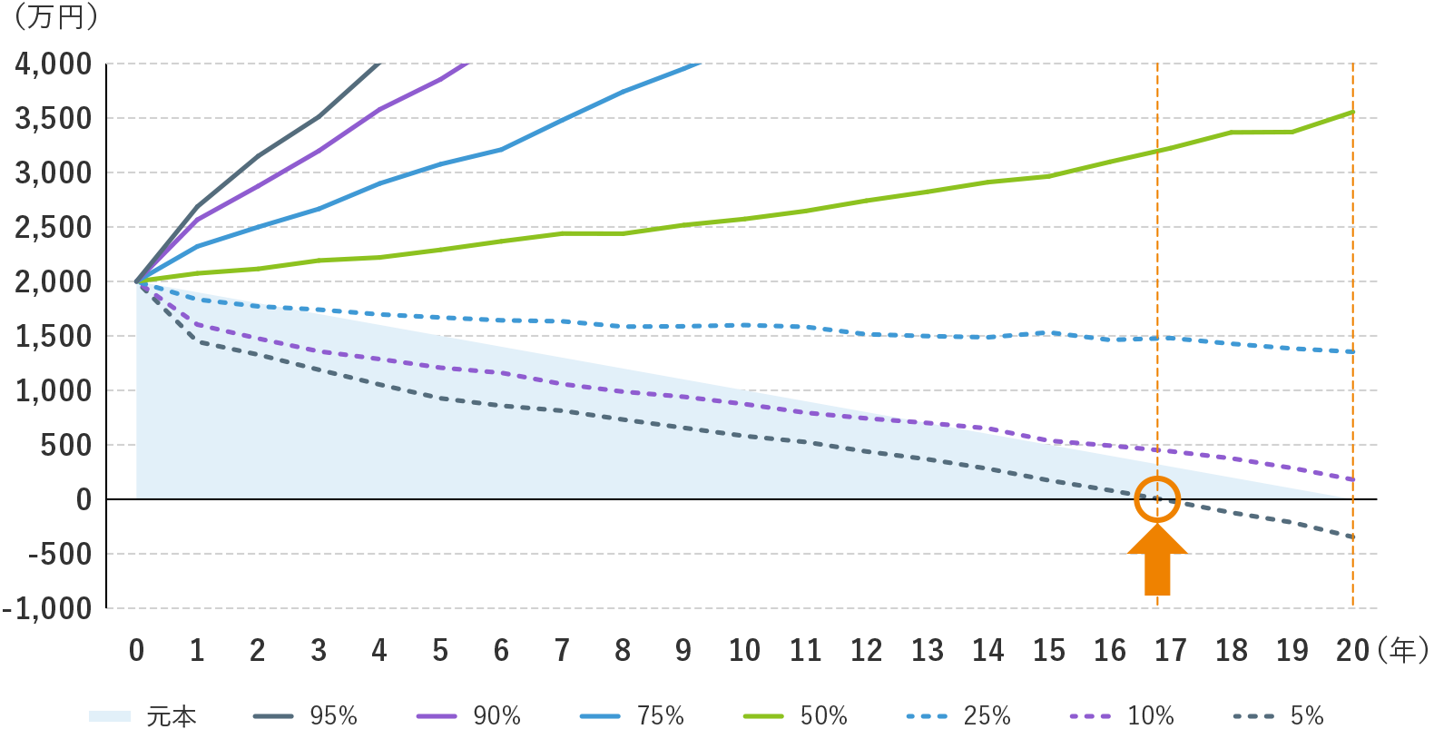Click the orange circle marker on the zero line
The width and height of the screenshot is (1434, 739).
(x=1157, y=498)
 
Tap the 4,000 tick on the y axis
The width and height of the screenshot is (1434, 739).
(x=54, y=64)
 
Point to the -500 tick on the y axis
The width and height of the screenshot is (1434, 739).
(x=60, y=554)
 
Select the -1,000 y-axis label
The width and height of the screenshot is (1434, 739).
(x=49, y=608)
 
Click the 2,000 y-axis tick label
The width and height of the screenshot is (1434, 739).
(x=54, y=281)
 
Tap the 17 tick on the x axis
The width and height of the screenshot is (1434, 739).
(x=1170, y=650)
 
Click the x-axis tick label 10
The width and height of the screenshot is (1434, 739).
(x=744, y=650)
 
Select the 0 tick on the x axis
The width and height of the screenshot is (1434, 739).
(x=136, y=650)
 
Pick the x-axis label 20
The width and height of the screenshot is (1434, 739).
(x=1352, y=650)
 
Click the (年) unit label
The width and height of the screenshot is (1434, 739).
(x=1401, y=650)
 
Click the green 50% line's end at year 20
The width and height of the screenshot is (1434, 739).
(x=1352, y=112)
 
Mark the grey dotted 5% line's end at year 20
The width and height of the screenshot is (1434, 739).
(x=1352, y=537)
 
